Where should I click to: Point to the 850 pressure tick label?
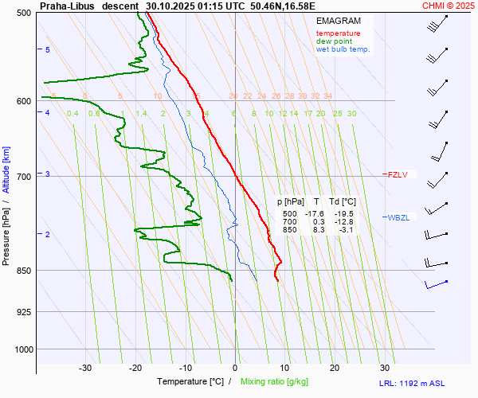[x=22, y=271]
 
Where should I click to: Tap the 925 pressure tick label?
[x=22, y=311]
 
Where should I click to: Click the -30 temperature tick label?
[x=85, y=368]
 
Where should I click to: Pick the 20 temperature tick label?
[x=335, y=368]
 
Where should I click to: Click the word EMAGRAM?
[x=338, y=21]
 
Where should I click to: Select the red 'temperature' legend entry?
[x=338, y=33]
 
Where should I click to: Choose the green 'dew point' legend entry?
[x=334, y=41]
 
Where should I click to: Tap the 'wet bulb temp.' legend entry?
[x=343, y=49]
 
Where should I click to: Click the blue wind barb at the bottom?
[x=436, y=283]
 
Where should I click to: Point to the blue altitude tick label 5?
[x=48, y=50]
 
